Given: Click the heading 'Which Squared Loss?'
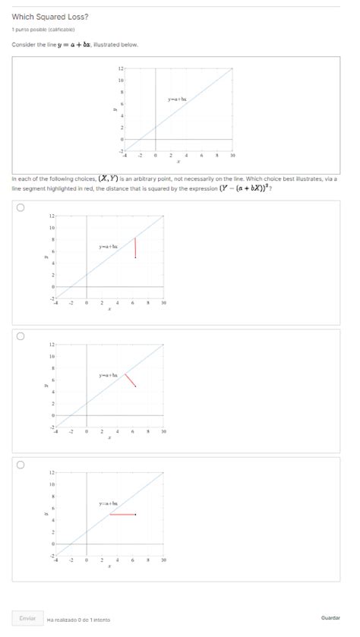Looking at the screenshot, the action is point(50,17).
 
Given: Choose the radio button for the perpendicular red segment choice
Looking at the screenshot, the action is point(20,336).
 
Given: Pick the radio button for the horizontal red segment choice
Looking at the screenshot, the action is point(20,464).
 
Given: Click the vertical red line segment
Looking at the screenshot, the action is point(135,248).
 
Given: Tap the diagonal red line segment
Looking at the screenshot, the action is point(131,380).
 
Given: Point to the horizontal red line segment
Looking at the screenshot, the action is point(122,514).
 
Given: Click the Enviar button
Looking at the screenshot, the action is point(27,618).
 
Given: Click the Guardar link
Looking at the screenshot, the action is point(330,618).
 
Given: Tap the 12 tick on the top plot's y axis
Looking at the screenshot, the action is point(121,69).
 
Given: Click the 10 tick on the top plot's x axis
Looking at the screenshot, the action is point(232,154).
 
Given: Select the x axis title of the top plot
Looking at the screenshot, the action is point(178,162).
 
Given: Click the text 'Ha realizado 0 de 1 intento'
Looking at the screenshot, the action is point(78,619).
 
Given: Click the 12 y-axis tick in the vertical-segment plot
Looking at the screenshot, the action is point(52,216).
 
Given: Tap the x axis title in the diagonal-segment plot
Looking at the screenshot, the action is point(109,438).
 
